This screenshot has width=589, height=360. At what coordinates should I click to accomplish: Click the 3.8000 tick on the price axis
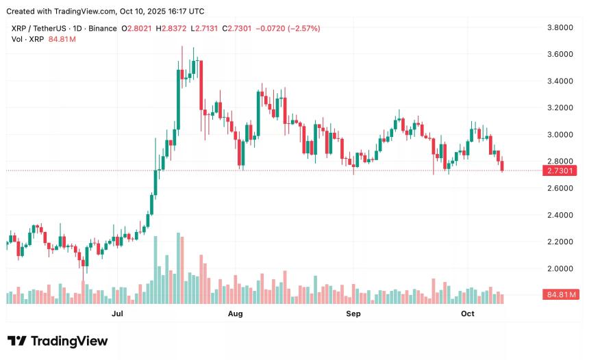[x=560, y=27]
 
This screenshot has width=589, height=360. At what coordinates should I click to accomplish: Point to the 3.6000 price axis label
[x=560, y=54]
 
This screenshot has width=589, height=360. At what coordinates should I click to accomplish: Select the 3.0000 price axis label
[x=560, y=135]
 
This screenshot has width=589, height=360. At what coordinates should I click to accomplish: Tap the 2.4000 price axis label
[x=560, y=215]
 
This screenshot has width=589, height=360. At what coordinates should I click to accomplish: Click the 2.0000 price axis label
[x=560, y=268]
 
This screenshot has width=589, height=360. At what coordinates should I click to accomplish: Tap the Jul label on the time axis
[x=117, y=313]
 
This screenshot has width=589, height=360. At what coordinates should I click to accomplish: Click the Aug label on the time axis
[x=235, y=313]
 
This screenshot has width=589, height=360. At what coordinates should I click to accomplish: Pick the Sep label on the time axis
[x=353, y=313]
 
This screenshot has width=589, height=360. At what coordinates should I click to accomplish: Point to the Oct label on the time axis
[x=468, y=313]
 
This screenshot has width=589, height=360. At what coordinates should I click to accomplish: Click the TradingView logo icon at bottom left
[x=17, y=341]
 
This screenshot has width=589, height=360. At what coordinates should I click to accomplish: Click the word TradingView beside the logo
[x=68, y=341]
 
